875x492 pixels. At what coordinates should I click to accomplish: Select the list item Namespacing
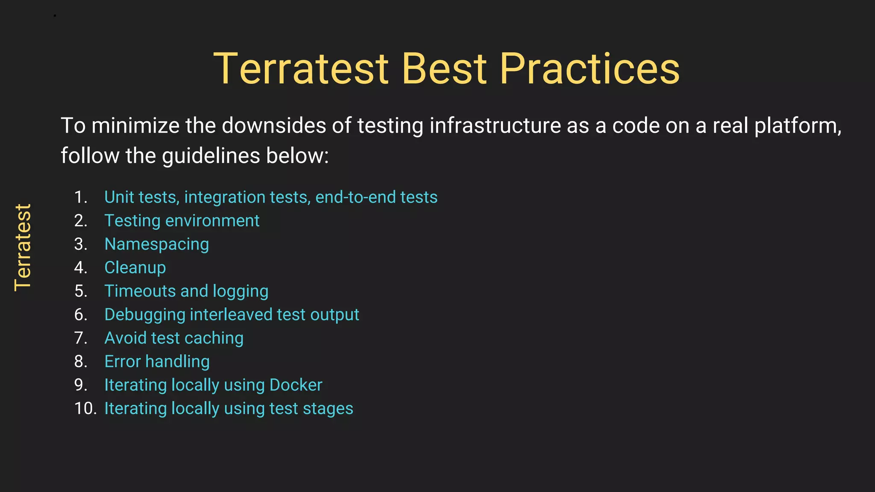156,244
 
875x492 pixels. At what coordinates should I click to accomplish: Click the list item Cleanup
135,268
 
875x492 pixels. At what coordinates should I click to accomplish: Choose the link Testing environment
182,221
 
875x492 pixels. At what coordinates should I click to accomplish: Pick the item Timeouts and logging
186,291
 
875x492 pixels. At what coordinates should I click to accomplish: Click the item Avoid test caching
174,338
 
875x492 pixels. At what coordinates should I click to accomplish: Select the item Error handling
157,362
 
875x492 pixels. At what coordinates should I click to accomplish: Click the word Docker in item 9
296,385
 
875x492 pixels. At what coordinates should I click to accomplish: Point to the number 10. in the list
85,409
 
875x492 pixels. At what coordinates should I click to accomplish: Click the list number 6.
80,315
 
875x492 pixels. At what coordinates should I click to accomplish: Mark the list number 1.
80,197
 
